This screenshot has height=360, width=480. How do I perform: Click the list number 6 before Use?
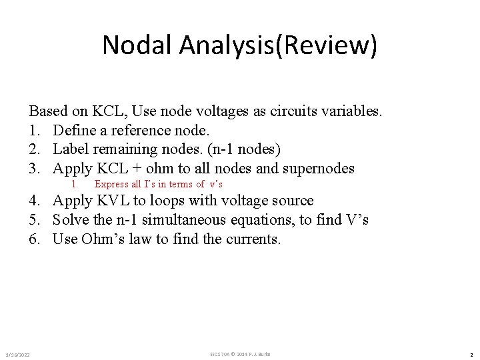pyautogui.click(x=33, y=239)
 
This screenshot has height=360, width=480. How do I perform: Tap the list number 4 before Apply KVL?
pyautogui.click(x=33, y=201)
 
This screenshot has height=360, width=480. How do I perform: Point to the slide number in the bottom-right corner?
pyautogui.click(x=471, y=354)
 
